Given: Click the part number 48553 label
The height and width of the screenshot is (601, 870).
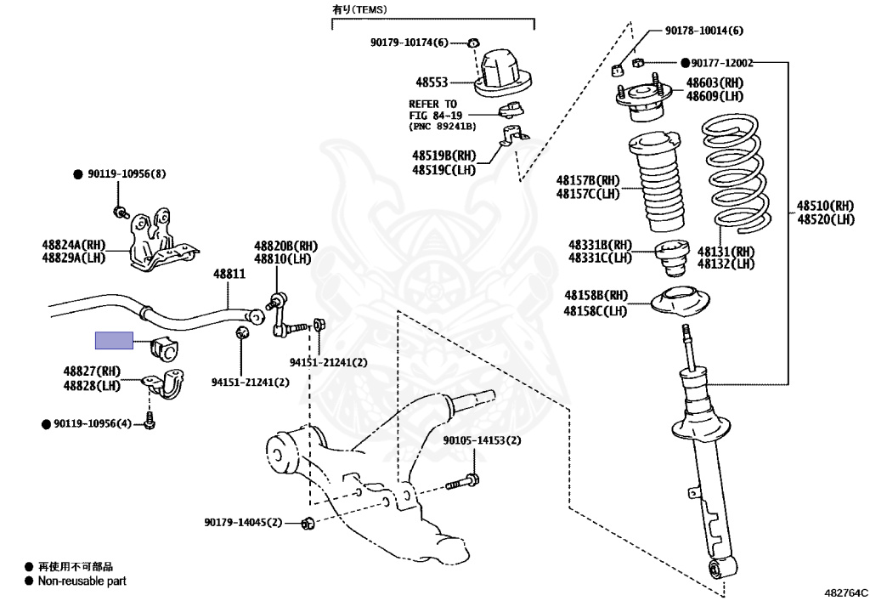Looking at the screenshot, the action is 432,82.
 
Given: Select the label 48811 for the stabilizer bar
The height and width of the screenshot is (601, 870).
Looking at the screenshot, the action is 229,274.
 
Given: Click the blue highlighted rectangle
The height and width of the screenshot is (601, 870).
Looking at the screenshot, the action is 115,340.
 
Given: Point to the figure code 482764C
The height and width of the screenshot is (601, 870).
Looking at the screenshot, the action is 845,592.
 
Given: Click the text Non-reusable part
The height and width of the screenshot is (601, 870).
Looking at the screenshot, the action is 82,581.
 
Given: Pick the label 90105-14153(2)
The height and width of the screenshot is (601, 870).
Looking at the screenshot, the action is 483,440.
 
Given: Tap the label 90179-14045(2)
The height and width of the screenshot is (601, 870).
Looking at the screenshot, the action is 243,522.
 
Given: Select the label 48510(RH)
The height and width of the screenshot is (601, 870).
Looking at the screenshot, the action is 825,206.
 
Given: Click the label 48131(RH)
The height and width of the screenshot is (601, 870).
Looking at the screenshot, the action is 726,252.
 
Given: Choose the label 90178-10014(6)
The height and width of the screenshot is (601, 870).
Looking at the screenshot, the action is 704,31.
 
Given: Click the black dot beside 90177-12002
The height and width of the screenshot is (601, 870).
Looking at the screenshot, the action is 686,63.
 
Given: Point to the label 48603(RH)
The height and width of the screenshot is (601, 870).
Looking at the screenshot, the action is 715,82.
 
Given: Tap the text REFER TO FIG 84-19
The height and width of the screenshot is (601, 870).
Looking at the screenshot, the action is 436,110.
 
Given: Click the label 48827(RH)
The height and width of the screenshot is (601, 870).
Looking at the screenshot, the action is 92,371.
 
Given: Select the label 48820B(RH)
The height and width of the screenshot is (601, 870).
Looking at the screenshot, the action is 286,246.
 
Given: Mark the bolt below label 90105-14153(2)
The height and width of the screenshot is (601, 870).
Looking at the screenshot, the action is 463,482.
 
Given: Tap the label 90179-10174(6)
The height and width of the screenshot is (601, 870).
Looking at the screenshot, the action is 410,43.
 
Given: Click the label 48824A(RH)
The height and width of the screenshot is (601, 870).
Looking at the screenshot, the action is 74,245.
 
